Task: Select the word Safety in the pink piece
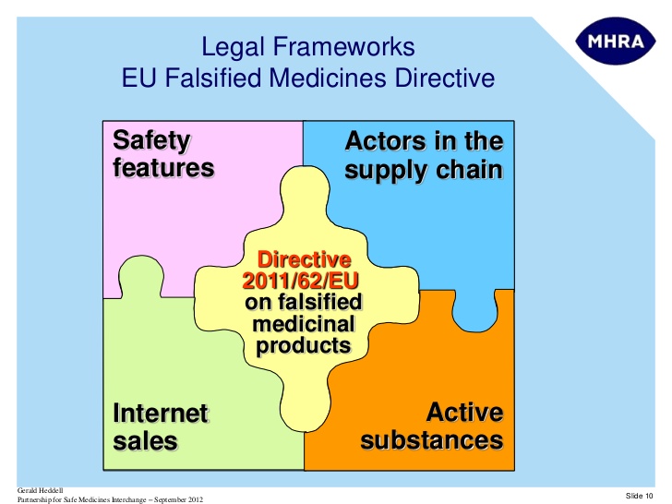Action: [x=151, y=141]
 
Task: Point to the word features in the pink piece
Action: [x=162, y=169]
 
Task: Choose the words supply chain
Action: [x=424, y=171]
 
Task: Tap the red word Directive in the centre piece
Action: [x=304, y=259]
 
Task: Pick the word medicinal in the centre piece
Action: [x=304, y=324]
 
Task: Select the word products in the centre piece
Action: [x=304, y=346]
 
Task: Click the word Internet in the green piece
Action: [x=160, y=413]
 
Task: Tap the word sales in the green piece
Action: [x=145, y=441]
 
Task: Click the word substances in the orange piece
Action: [x=431, y=440]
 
